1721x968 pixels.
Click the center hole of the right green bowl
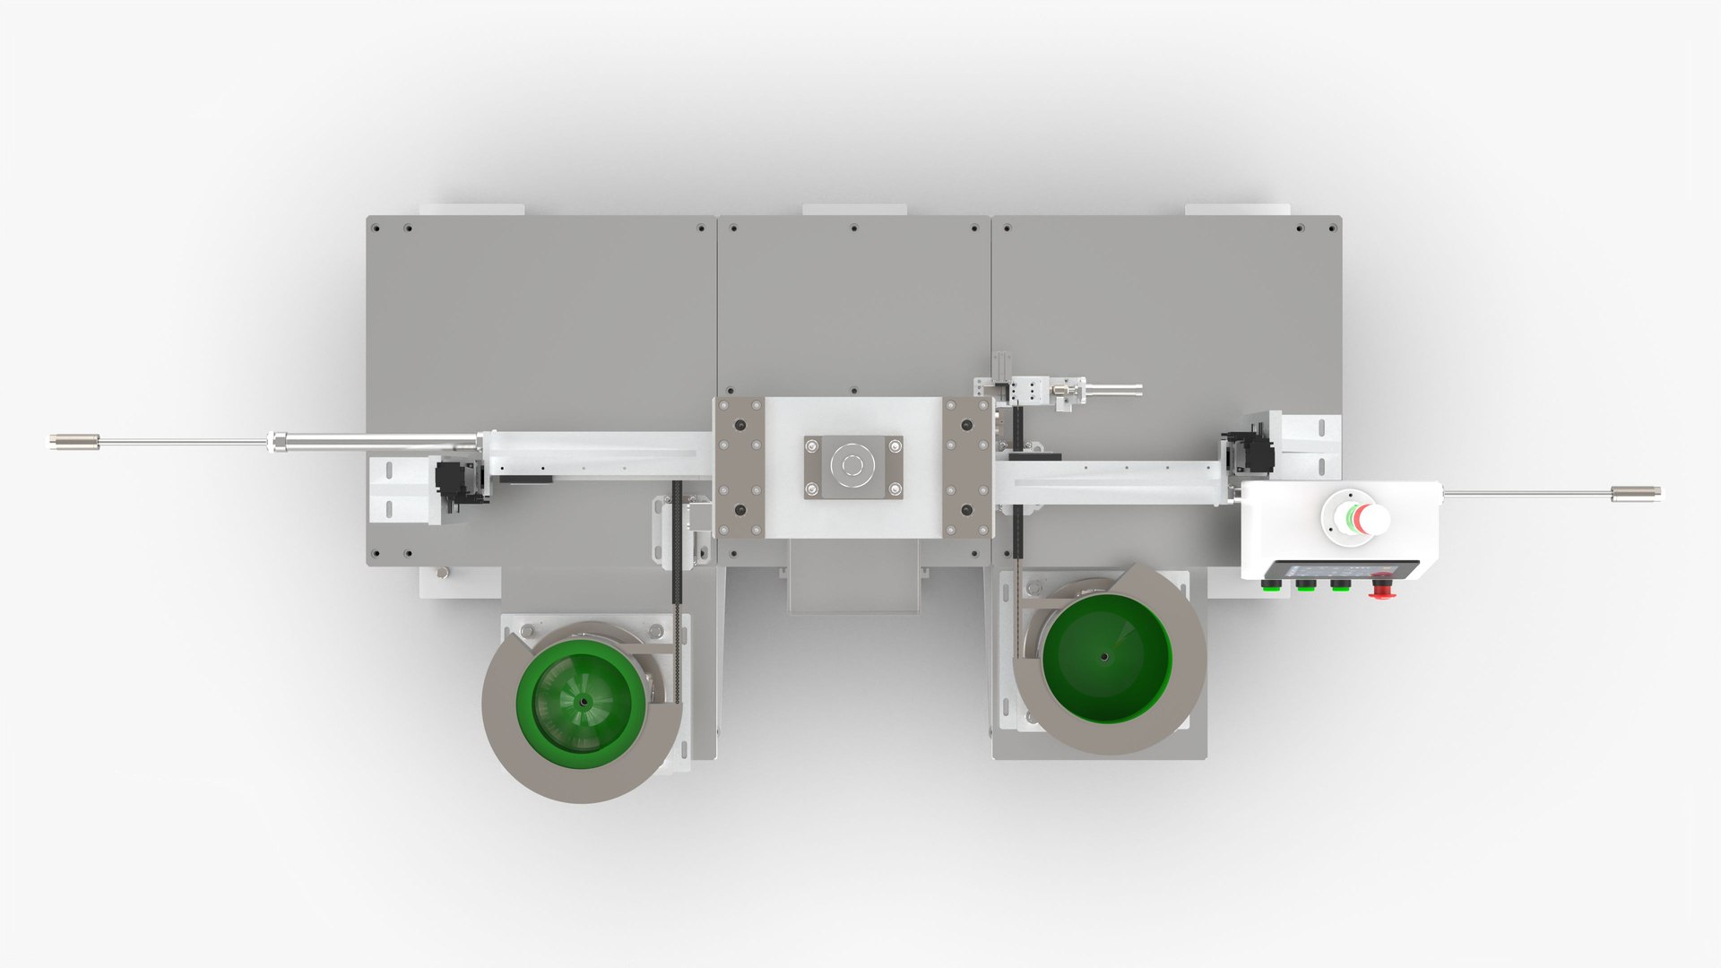pos(1103,656)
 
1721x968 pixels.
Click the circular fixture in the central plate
pos(852,465)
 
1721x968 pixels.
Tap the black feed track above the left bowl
pos(678,574)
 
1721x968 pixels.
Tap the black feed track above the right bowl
pos(1016,556)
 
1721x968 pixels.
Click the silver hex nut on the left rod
pos(280,441)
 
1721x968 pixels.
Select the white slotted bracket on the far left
pos(391,488)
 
